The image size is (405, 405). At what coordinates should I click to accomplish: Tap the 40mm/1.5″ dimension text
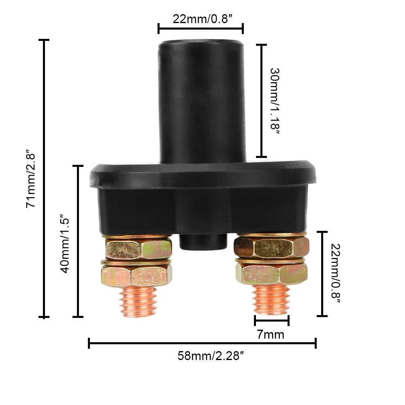65,243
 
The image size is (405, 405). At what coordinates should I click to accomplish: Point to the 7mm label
271,335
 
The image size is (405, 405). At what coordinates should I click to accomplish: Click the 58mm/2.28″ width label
211,356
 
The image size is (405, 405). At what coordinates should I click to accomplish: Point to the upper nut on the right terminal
271,247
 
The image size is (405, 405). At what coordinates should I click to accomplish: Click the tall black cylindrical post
201,101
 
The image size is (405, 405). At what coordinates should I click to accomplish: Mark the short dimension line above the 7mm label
272,320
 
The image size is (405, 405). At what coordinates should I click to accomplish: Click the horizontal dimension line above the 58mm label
202,344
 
